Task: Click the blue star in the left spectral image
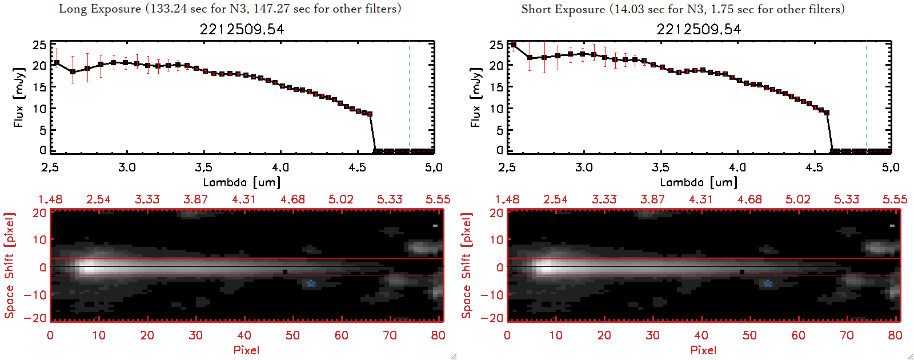(x=311, y=283)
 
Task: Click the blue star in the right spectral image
(x=768, y=283)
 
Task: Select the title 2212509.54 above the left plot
(x=242, y=29)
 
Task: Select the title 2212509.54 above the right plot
(x=699, y=29)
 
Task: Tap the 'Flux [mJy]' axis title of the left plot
(x=19, y=97)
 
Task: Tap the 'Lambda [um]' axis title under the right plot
(x=699, y=182)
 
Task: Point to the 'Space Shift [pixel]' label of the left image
(x=9, y=266)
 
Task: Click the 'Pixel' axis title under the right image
(x=703, y=350)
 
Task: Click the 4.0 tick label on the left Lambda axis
(x=280, y=167)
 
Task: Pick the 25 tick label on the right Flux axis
(x=496, y=45)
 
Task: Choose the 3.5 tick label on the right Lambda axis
(x=660, y=167)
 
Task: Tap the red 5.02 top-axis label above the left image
(x=341, y=199)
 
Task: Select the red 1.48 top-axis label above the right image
(x=507, y=199)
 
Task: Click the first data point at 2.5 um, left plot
(x=57, y=63)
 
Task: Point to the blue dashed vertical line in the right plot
(x=866, y=97)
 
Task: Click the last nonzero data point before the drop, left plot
(x=370, y=114)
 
